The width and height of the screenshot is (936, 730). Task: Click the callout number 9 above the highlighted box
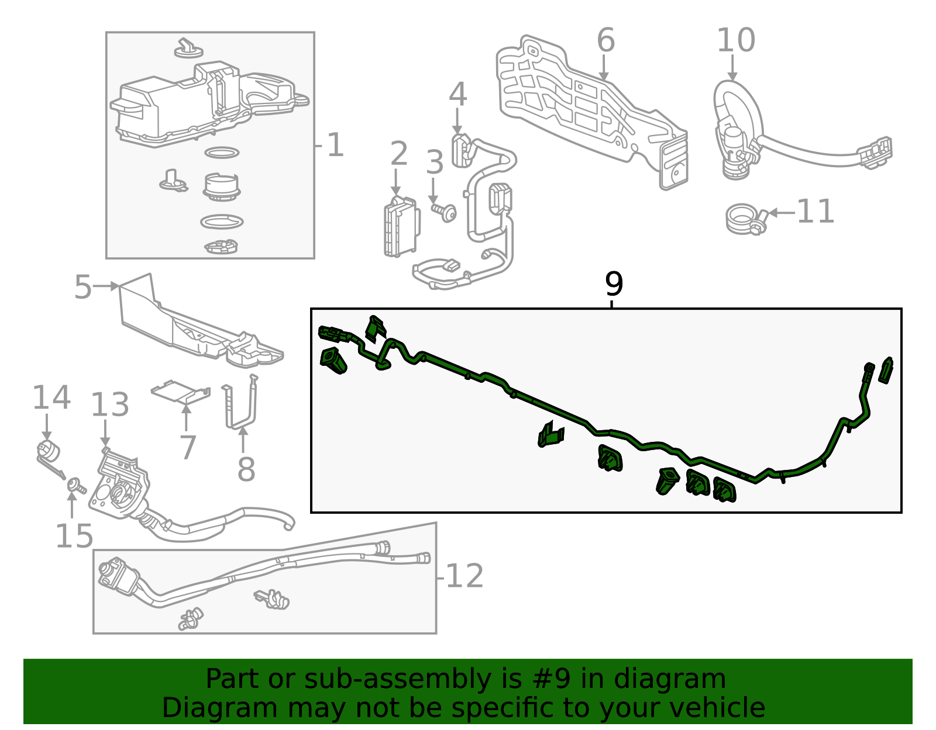[614, 285]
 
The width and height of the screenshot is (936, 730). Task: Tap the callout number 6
[606, 41]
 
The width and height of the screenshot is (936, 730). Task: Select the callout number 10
[736, 41]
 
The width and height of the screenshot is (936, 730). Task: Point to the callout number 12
[464, 576]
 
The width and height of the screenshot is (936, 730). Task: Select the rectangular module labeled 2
[401, 228]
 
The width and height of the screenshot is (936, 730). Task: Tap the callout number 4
[457, 95]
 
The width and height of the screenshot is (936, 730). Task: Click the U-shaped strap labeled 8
[240, 409]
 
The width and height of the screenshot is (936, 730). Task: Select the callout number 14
[51, 397]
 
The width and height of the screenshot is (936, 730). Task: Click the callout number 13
[109, 405]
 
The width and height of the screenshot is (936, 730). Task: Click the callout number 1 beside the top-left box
[335, 145]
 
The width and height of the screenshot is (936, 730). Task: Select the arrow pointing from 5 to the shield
[106, 286]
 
